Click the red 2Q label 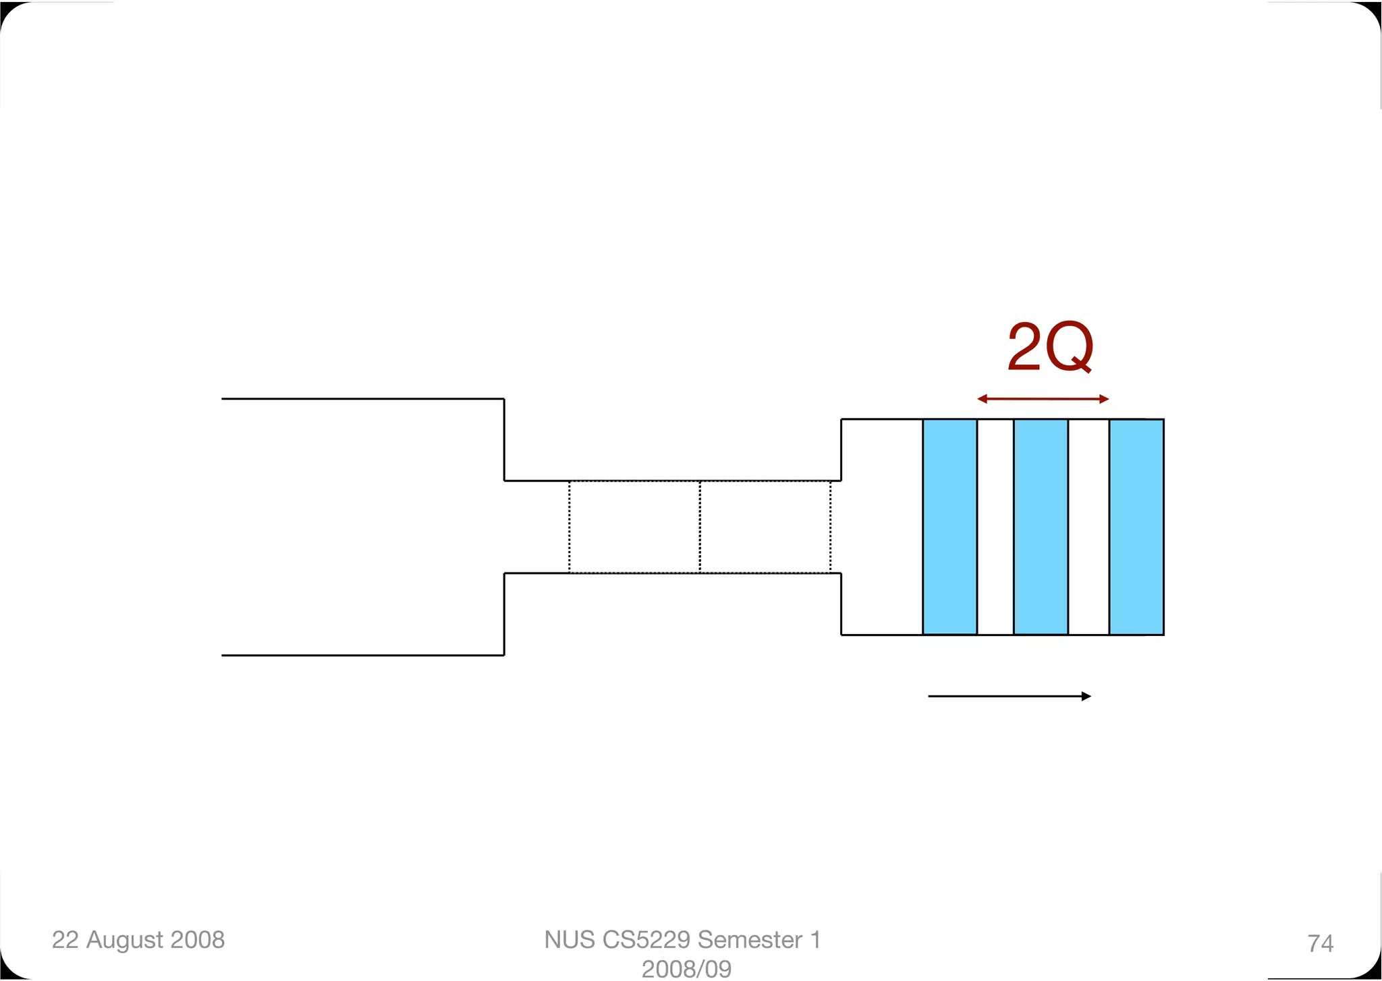(x=1050, y=348)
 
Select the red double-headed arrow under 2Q (x=1043, y=399)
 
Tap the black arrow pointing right (x=1010, y=696)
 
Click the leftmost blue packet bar (x=950, y=527)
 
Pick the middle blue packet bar (x=1041, y=527)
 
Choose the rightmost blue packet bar (x=1137, y=527)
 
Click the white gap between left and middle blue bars (x=995, y=527)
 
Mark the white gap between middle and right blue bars (x=1088, y=527)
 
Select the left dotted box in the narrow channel (x=634, y=527)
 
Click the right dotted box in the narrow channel (x=765, y=527)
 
